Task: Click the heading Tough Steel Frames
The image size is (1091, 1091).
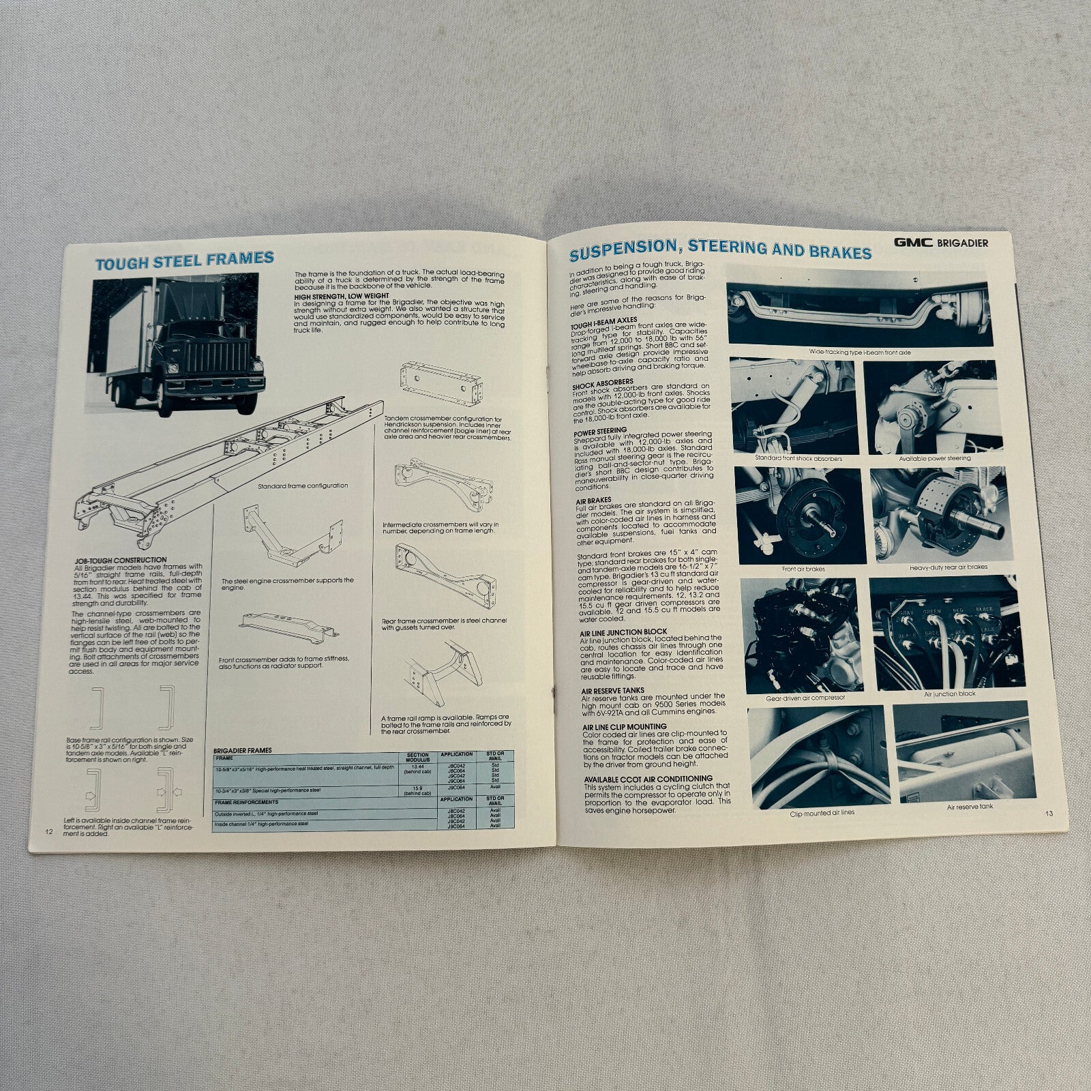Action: click(184, 260)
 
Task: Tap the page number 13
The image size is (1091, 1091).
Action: click(1049, 813)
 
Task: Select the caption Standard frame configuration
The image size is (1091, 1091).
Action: click(303, 485)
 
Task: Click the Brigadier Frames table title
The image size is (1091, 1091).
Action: click(243, 750)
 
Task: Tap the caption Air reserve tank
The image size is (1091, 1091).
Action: click(970, 807)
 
